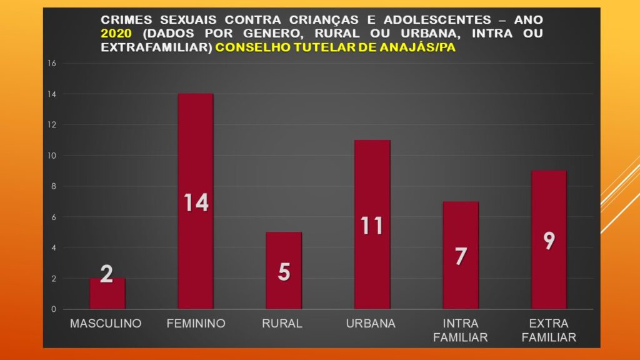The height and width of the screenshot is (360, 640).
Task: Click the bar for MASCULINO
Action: point(107,293)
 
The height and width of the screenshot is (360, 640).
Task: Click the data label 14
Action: point(196,202)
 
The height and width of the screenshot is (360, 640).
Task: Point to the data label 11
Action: point(372,225)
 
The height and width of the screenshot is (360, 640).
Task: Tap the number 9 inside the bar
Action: point(549,241)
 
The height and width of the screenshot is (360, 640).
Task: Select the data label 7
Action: point(461,256)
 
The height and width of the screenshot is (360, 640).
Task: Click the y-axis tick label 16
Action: point(52,63)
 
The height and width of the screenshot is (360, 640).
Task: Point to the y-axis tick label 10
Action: point(52,156)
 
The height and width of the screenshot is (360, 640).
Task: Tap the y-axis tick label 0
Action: point(54,309)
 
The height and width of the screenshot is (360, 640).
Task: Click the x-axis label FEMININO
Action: point(196,324)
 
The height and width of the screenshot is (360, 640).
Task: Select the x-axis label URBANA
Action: point(371,324)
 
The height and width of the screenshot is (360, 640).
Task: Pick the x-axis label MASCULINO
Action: point(106,324)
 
